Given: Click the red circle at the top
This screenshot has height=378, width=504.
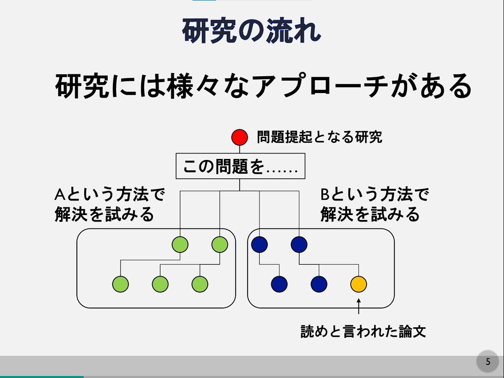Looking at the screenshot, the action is tap(240, 137).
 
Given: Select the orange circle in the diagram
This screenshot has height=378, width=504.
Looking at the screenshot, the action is tap(359, 283).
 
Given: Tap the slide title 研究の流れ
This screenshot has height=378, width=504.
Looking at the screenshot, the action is tap(252, 31).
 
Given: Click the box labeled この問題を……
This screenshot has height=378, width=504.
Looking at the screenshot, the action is tap(240, 167).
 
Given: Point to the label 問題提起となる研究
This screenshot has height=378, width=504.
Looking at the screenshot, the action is tap(319, 137).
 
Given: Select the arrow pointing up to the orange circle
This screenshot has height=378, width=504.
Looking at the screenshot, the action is tap(359, 306).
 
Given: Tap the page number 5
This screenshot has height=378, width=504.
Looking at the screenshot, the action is tap(488, 362).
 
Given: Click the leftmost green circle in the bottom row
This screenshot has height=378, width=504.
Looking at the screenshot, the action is tap(121, 283).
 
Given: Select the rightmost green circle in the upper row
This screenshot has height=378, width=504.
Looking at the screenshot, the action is tap(220, 244).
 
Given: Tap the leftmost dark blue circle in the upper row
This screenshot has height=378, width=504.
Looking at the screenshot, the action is tap(259, 244).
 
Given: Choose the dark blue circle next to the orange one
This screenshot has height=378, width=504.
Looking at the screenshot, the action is tap(319, 283).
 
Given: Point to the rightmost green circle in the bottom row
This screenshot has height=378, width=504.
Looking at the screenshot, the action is tap(200, 283).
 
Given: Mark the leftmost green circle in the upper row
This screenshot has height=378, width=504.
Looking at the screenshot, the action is tap(180, 244).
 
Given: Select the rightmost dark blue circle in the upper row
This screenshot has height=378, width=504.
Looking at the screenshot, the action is tap(299, 244).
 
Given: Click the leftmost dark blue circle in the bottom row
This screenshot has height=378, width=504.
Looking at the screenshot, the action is tap(279, 283).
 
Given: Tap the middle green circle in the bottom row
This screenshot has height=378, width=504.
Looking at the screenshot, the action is tap(160, 283).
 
